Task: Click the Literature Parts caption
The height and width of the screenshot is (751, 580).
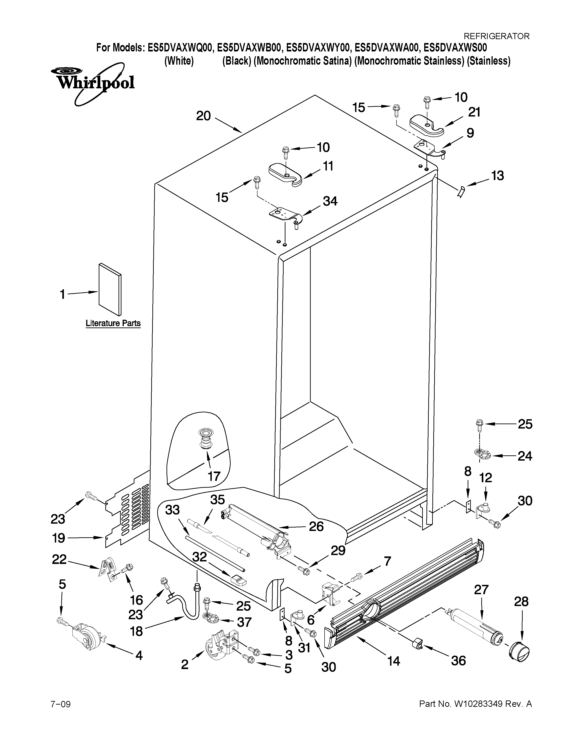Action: [113, 323]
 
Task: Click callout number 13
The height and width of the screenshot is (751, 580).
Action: [497, 176]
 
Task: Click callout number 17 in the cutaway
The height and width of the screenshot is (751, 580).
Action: [214, 476]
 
